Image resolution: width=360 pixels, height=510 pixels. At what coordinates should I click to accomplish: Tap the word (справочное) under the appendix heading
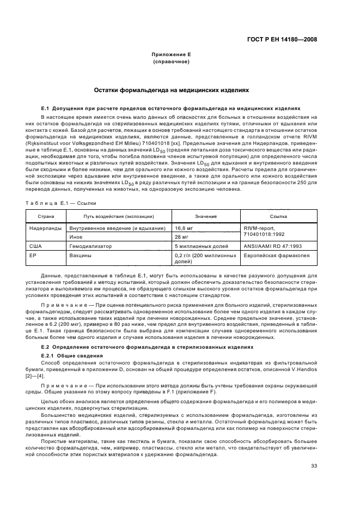tap(170, 62)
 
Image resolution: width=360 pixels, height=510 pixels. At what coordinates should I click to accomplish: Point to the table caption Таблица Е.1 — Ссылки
tap(62, 203)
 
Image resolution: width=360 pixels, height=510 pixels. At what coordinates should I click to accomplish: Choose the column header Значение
tap(202, 216)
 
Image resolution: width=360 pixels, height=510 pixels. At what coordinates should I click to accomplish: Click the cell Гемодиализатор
tap(90, 246)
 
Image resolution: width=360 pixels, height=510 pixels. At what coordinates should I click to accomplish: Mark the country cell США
tap(35, 246)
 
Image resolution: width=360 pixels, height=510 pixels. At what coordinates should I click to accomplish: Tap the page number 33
tap(314, 465)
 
